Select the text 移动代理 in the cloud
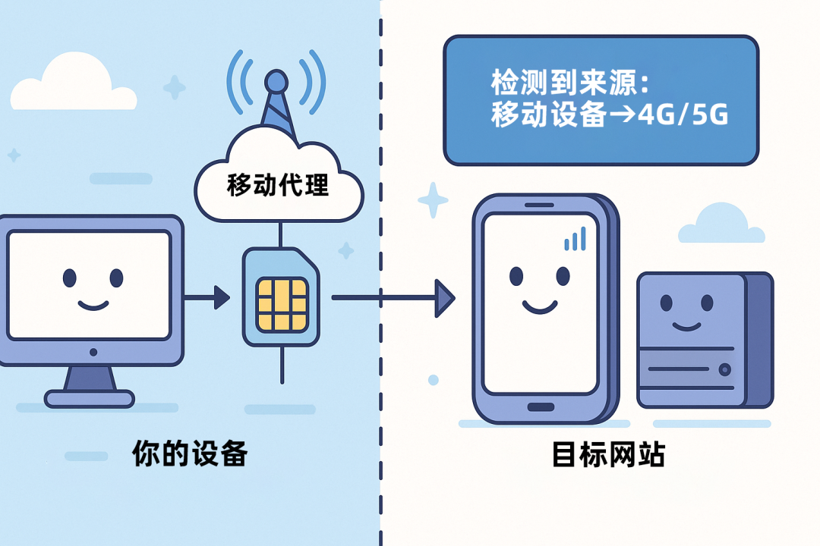pyautogui.click(x=278, y=185)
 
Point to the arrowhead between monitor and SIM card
pyautogui.click(x=221, y=297)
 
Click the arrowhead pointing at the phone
pyautogui.click(x=444, y=297)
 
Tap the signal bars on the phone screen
pyautogui.click(x=576, y=239)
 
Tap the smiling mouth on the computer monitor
pyautogui.click(x=93, y=306)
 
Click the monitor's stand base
pyautogui.click(x=90, y=398)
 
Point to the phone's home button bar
pyautogui.click(x=541, y=406)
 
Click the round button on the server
pyautogui.click(x=725, y=370)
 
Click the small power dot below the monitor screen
pyautogui.click(x=93, y=353)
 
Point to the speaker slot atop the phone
pyautogui.click(x=541, y=204)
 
